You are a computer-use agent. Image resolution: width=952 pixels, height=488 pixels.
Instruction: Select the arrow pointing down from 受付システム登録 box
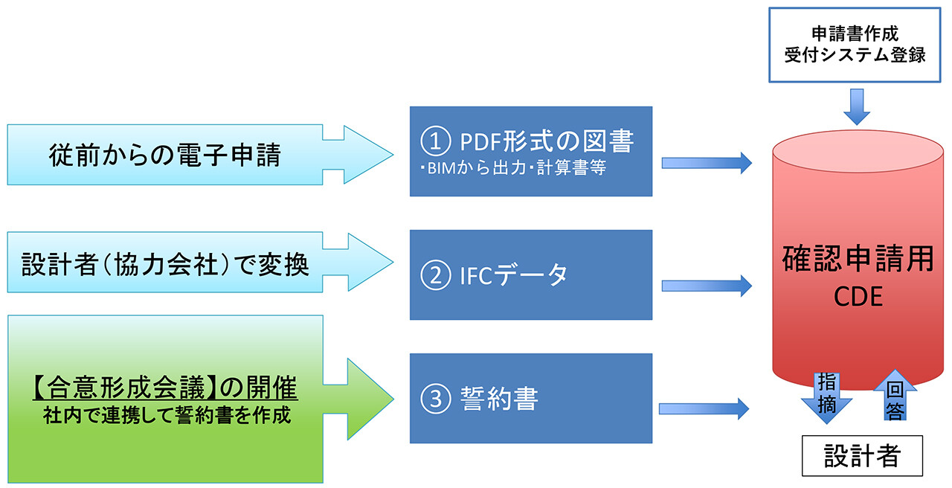tap(857, 106)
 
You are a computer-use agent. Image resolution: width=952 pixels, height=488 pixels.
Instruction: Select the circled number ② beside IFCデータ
tap(434, 275)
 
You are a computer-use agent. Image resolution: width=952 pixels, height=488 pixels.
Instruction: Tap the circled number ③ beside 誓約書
tap(434, 399)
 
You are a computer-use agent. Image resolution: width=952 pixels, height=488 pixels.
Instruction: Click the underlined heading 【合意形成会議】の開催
tap(164, 388)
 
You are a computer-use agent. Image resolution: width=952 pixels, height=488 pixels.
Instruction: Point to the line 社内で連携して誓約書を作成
tap(165, 415)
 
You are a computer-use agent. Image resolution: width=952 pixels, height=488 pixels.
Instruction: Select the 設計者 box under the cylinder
tap(861, 455)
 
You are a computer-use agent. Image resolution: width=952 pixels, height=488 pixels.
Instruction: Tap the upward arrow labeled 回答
tap(895, 398)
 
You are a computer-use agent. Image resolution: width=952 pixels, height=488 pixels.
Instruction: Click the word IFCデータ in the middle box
tap(513, 275)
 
